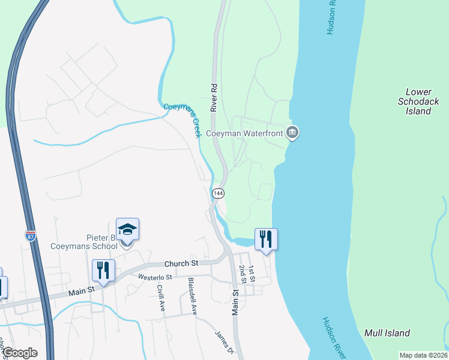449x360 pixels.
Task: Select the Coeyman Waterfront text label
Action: tap(244, 133)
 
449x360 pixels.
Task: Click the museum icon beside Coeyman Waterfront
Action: tap(292, 133)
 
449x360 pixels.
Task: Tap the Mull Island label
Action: tap(387, 333)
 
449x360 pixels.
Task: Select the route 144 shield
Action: tap(218, 193)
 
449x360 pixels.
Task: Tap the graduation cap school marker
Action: tap(127, 230)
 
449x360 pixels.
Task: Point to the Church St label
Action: tap(181, 263)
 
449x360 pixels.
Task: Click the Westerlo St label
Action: tap(155, 277)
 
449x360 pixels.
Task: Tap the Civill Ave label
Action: tap(161, 297)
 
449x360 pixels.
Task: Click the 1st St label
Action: tap(252, 274)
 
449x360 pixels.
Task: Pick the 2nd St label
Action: tap(243, 274)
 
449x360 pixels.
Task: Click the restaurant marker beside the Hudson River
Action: tap(265, 239)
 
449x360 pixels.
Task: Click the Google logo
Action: tap(19, 353)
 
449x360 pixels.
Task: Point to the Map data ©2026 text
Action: tap(423, 355)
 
